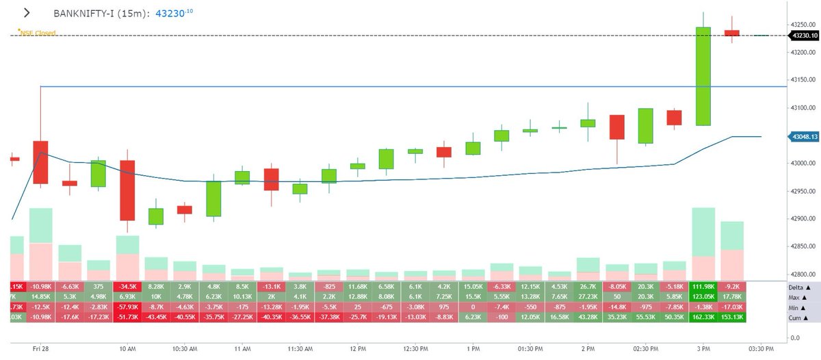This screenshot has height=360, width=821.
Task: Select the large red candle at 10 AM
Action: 127,190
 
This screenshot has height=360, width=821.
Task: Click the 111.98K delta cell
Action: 703,286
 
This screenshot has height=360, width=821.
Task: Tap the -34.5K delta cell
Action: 127,286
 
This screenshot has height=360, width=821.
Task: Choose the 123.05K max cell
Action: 703,297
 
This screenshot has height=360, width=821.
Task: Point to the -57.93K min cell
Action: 127,308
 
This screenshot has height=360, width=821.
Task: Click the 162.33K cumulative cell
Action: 703,318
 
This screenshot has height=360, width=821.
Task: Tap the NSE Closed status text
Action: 38,32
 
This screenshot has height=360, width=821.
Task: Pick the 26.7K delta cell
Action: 588,286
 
